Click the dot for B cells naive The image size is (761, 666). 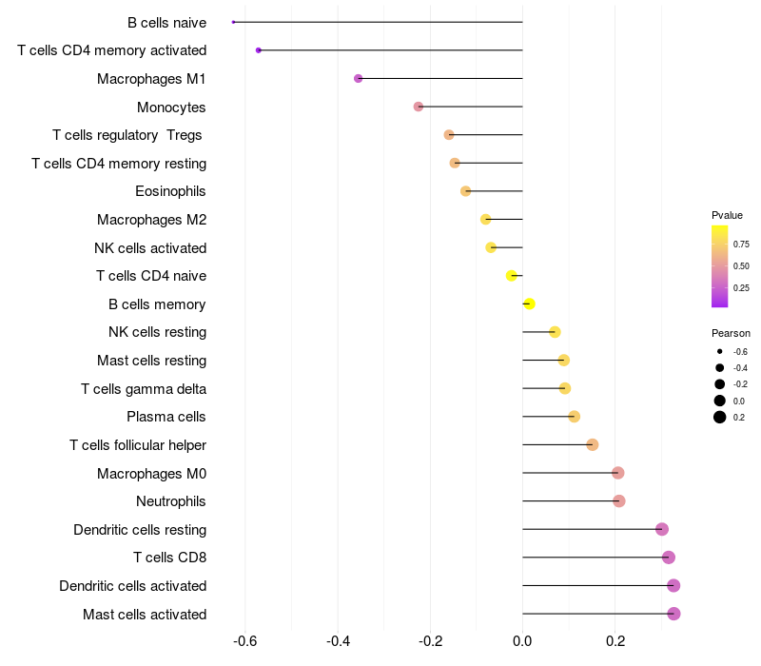pos(233,22)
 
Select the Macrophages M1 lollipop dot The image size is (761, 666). pos(359,78)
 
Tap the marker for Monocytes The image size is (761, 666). pos(419,107)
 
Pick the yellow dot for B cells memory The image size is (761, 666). pos(530,304)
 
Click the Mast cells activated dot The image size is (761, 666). pos(673,614)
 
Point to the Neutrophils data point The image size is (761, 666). pos(619,501)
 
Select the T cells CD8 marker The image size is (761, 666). pos(669,558)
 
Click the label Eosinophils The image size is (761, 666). pos(170,191)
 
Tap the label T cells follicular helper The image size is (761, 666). pos(138,445)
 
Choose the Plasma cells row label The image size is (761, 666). pos(166,417)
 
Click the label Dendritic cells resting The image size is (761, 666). pos(140,530)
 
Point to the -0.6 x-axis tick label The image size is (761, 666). pos(244,641)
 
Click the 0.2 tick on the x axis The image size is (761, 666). pos(615,641)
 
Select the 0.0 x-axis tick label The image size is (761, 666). pos(522,641)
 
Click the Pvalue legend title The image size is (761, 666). pos(727,215)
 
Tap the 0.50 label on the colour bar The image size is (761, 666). pos(741,266)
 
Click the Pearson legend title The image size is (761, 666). pos(731,333)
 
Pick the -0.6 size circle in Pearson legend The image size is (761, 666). pos(720,351)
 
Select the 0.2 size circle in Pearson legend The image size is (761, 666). pos(720,417)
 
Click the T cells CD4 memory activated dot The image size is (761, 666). pos(258,50)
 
